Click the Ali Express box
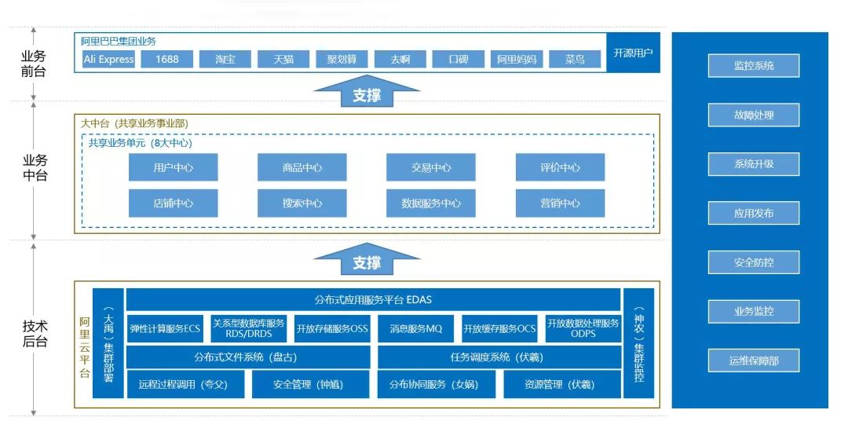point(108,60)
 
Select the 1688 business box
point(167,60)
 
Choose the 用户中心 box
point(173,167)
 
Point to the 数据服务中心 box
point(430,203)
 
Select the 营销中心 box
point(560,203)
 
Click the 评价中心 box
point(560,167)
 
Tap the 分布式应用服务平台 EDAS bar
point(373,300)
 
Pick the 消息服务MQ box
point(415,329)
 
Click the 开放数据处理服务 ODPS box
point(583,329)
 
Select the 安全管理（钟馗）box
point(309,385)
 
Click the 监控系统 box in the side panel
point(753,66)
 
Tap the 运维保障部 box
point(753,361)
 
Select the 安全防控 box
point(753,262)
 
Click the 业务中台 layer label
point(35,168)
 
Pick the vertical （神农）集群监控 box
point(639,343)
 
